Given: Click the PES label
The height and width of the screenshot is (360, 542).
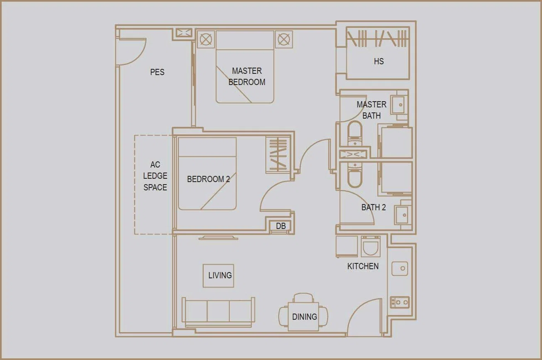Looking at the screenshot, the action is click(x=157, y=72).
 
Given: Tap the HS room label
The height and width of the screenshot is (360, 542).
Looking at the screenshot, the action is click(x=379, y=61).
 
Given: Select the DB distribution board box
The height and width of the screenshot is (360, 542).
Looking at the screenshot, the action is click(x=281, y=226).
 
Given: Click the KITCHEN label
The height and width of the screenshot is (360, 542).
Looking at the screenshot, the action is click(x=363, y=266).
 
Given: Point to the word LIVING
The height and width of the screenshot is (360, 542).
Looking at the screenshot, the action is click(x=220, y=275).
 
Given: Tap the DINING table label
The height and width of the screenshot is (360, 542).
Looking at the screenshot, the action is click(x=304, y=317).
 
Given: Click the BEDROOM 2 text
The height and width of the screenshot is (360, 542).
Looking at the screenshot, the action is click(x=208, y=179).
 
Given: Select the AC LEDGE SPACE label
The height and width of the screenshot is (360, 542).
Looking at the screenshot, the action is click(x=155, y=176).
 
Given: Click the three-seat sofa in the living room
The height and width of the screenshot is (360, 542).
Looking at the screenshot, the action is click(x=218, y=312).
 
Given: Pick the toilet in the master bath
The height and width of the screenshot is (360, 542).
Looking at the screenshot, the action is click(x=355, y=134).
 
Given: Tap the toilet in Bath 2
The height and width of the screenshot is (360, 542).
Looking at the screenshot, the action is click(x=355, y=175).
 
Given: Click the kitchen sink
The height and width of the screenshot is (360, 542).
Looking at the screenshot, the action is click(x=400, y=269).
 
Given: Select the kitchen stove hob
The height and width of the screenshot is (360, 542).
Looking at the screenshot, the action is click(x=400, y=302).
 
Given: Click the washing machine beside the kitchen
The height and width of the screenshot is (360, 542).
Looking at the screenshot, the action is click(x=370, y=246).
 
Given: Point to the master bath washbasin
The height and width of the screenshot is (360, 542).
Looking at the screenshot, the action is click(x=399, y=105).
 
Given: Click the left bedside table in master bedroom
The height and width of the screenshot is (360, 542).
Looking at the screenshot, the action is click(x=206, y=39).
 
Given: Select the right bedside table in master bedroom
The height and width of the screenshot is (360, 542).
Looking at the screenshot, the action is click(x=284, y=39).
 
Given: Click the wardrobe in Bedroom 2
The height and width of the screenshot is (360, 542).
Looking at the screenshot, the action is click(x=278, y=155).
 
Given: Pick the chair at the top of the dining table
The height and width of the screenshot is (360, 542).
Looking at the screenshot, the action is click(x=304, y=298).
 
